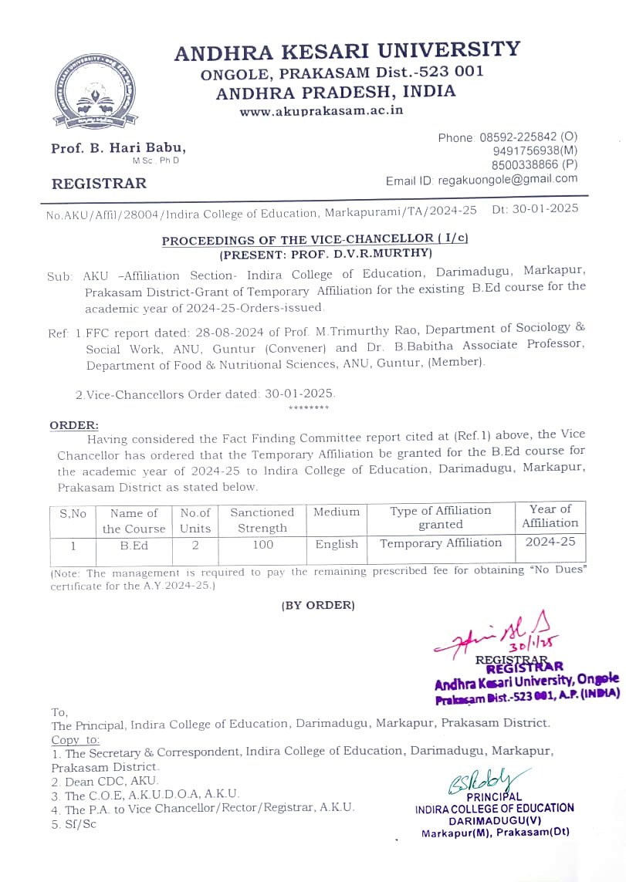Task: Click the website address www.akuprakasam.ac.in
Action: (x=321, y=110)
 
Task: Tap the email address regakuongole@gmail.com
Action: (x=508, y=179)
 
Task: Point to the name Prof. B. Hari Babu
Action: (x=118, y=148)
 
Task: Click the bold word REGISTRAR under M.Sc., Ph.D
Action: (x=99, y=184)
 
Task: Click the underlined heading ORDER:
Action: (x=74, y=425)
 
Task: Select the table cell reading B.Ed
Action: (x=134, y=545)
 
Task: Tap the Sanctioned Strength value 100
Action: (x=262, y=545)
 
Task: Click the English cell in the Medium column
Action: (x=337, y=544)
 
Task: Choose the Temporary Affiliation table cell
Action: (x=441, y=543)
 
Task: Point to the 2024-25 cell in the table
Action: (x=550, y=542)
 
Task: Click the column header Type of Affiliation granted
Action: (x=441, y=517)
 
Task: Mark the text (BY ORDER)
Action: (x=318, y=606)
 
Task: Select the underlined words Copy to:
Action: (x=76, y=738)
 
